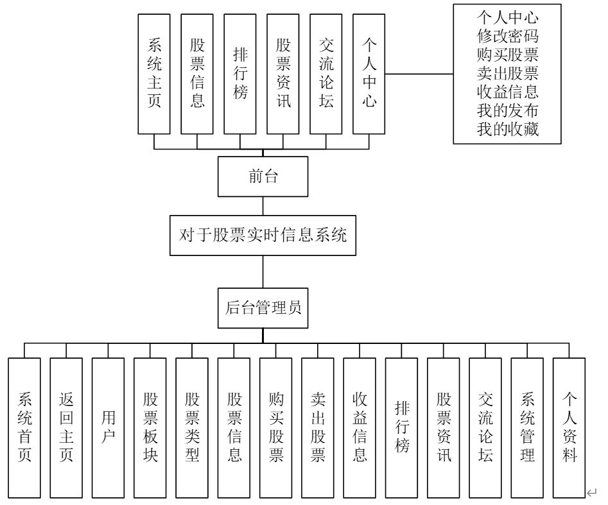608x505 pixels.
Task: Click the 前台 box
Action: [263, 177]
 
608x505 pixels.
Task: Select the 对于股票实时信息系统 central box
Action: [263, 235]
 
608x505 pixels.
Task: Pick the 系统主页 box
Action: [154, 74]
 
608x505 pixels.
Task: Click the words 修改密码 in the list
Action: [507, 33]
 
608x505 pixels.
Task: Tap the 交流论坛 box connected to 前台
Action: [326, 74]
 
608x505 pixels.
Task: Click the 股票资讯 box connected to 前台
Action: [283, 74]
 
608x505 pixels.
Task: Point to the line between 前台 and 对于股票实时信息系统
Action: [263, 207]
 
